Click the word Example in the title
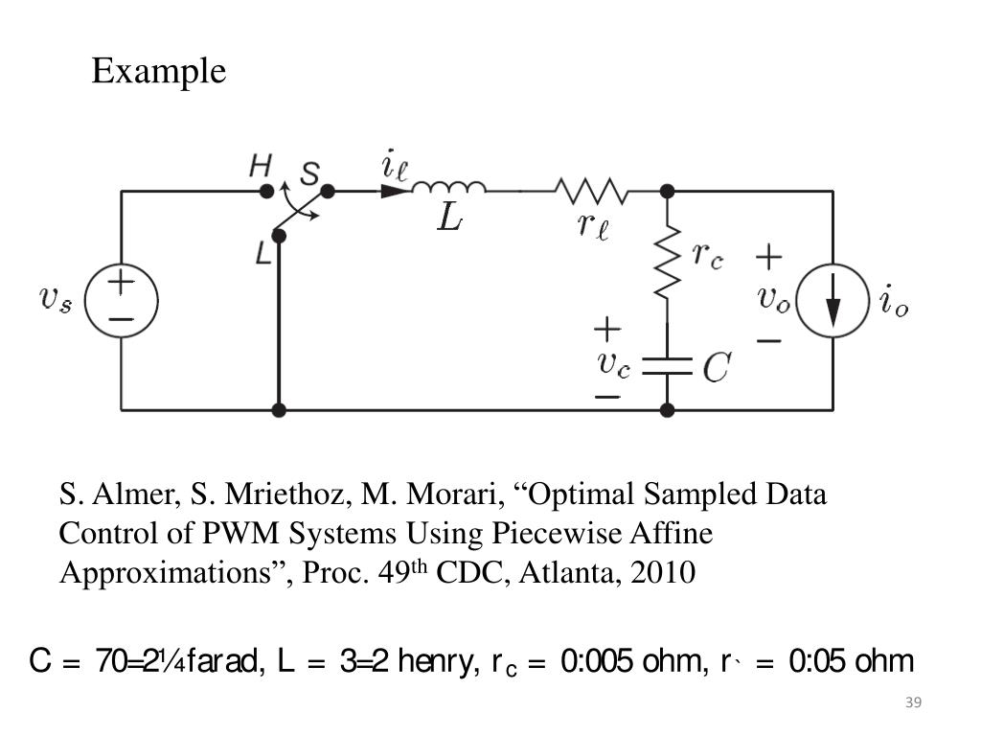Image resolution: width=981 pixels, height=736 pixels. click(x=159, y=72)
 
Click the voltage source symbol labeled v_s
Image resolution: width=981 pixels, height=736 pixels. click(x=122, y=301)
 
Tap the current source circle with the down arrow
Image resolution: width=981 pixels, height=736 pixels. click(x=833, y=301)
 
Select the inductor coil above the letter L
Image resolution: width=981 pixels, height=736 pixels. click(x=448, y=188)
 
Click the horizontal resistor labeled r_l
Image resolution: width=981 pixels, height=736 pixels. click(x=592, y=193)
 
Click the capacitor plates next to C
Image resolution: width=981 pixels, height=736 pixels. click(x=668, y=365)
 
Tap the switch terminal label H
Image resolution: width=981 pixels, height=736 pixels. click(x=260, y=167)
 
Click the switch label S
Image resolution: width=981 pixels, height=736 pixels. click(x=309, y=173)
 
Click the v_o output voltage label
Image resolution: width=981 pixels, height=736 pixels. click(x=774, y=298)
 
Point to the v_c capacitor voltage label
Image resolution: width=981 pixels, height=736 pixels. click(x=613, y=363)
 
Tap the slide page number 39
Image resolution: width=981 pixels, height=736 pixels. click(x=912, y=704)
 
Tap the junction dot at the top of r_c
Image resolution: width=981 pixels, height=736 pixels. click(x=668, y=192)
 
